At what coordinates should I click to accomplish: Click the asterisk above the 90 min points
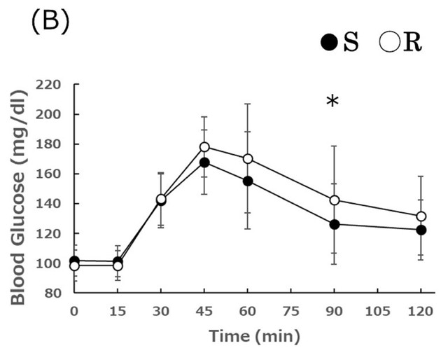coord(332,103)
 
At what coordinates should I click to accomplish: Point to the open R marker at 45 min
coord(204,147)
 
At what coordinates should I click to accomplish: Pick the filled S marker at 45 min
coord(204,162)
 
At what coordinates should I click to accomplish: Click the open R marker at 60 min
coord(248,159)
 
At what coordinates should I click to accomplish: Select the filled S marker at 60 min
coord(248,181)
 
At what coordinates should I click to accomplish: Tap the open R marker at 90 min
coord(335,200)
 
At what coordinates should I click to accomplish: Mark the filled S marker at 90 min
coord(335,224)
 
